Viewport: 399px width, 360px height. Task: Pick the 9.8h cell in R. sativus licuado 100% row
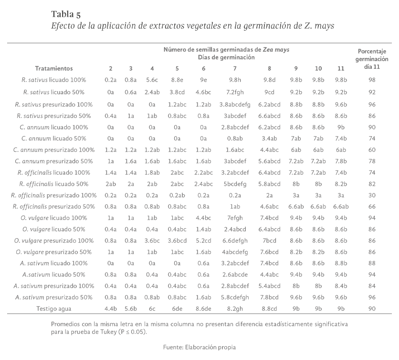click(234, 81)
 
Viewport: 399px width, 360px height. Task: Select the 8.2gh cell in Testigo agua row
click(234, 308)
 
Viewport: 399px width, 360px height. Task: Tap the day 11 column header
click(340, 68)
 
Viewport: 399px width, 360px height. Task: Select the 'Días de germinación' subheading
click(226, 57)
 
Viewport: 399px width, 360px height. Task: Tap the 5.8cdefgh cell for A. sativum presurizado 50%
click(234, 297)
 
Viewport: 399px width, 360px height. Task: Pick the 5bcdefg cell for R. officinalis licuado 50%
click(234, 183)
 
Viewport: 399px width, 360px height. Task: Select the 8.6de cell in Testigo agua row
click(203, 308)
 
